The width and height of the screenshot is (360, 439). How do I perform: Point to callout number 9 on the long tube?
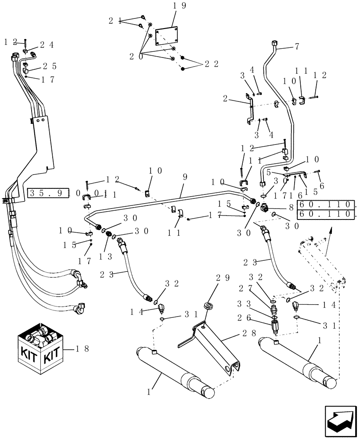click(x=185, y=177)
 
